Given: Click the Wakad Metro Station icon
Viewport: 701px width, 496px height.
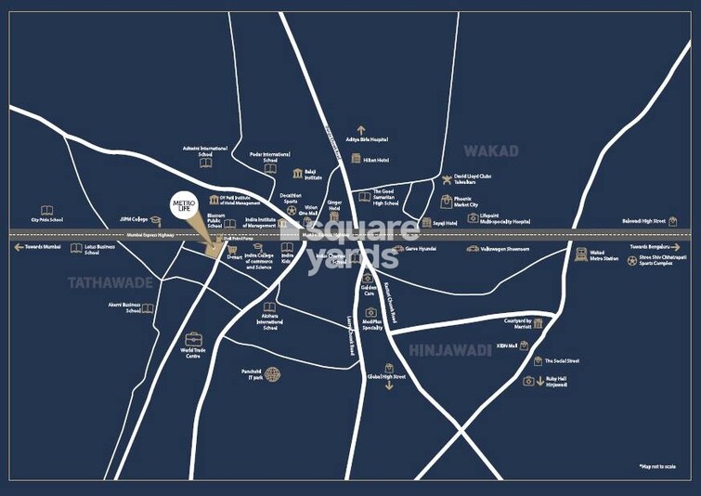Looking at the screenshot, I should point(581,254).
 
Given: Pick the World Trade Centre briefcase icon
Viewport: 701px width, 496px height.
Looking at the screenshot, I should point(193,338).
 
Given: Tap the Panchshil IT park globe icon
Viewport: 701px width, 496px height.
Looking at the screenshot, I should point(272,374).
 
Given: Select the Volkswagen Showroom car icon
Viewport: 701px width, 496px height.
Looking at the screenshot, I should point(472,249).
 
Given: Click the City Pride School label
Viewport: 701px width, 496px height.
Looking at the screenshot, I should point(46,220).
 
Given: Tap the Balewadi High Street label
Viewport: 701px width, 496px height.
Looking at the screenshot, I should point(643,221).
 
